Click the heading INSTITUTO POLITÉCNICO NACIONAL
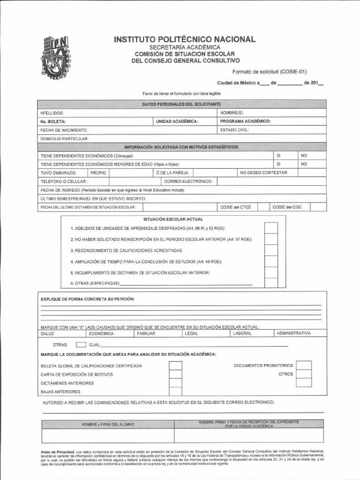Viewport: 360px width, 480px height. pyautogui.click(x=185, y=39)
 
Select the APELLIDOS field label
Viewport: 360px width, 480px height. pyautogui.click(x=52, y=113)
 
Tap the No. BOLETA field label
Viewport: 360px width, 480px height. pyautogui.click(x=53, y=121)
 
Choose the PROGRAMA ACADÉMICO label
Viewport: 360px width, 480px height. pyautogui.click(x=245, y=121)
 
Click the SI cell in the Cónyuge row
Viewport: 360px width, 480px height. pyautogui.click(x=278, y=155)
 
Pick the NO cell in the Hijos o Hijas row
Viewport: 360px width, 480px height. pyautogui.click(x=304, y=164)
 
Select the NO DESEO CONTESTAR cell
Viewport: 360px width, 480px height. pyautogui.click(x=264, y=173)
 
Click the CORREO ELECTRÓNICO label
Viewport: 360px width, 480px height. pyautogui.click(x=188, y=181)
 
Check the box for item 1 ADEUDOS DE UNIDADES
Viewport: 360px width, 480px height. pyautogui.click(x=271, y=228)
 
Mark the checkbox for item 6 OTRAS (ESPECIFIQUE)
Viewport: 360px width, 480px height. pyautogui.click(x=271, y=283)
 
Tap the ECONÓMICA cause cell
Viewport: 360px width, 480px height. pyautogui.click(x=101, y=333)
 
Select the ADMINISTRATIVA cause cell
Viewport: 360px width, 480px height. pyautogui.click(x=300, y=333)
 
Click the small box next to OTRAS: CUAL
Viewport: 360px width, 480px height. pyautogui.click(x=81, y=345)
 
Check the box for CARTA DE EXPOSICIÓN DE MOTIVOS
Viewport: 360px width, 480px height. pyautogui.click(x=175, y=374)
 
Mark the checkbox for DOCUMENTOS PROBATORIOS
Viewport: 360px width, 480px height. pyautogui.click(x=304, y=365)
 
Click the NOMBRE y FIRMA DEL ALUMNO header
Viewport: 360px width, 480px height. pyautogui.click(x=108, y=424)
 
